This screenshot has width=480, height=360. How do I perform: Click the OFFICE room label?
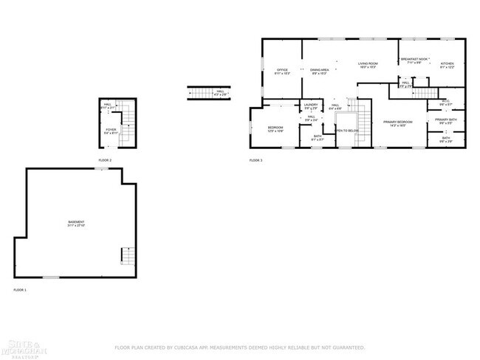[282, 70]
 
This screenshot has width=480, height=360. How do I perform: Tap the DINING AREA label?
[320, 70]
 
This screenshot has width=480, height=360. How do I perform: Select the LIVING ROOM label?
[368, 64]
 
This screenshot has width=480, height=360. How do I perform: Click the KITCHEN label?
[448, 64]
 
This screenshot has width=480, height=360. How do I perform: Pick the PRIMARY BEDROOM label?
[397, 122]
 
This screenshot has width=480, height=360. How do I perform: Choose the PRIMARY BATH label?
[445, 120]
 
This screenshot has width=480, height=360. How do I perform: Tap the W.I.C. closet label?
[445, 102]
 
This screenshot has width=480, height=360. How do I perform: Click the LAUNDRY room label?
[311, 105]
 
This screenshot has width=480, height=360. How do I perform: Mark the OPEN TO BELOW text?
[346, 131]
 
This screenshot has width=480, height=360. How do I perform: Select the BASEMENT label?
[76, 223]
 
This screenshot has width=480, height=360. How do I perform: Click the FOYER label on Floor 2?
[111, 131]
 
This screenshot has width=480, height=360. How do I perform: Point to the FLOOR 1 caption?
[20, 290]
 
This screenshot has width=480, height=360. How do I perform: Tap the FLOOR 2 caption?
[105, 160]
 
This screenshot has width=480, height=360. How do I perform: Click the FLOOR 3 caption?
[256, 160]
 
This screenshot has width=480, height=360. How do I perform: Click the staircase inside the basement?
[127, 255]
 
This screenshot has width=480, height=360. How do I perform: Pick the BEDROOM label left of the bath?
[275, 128]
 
